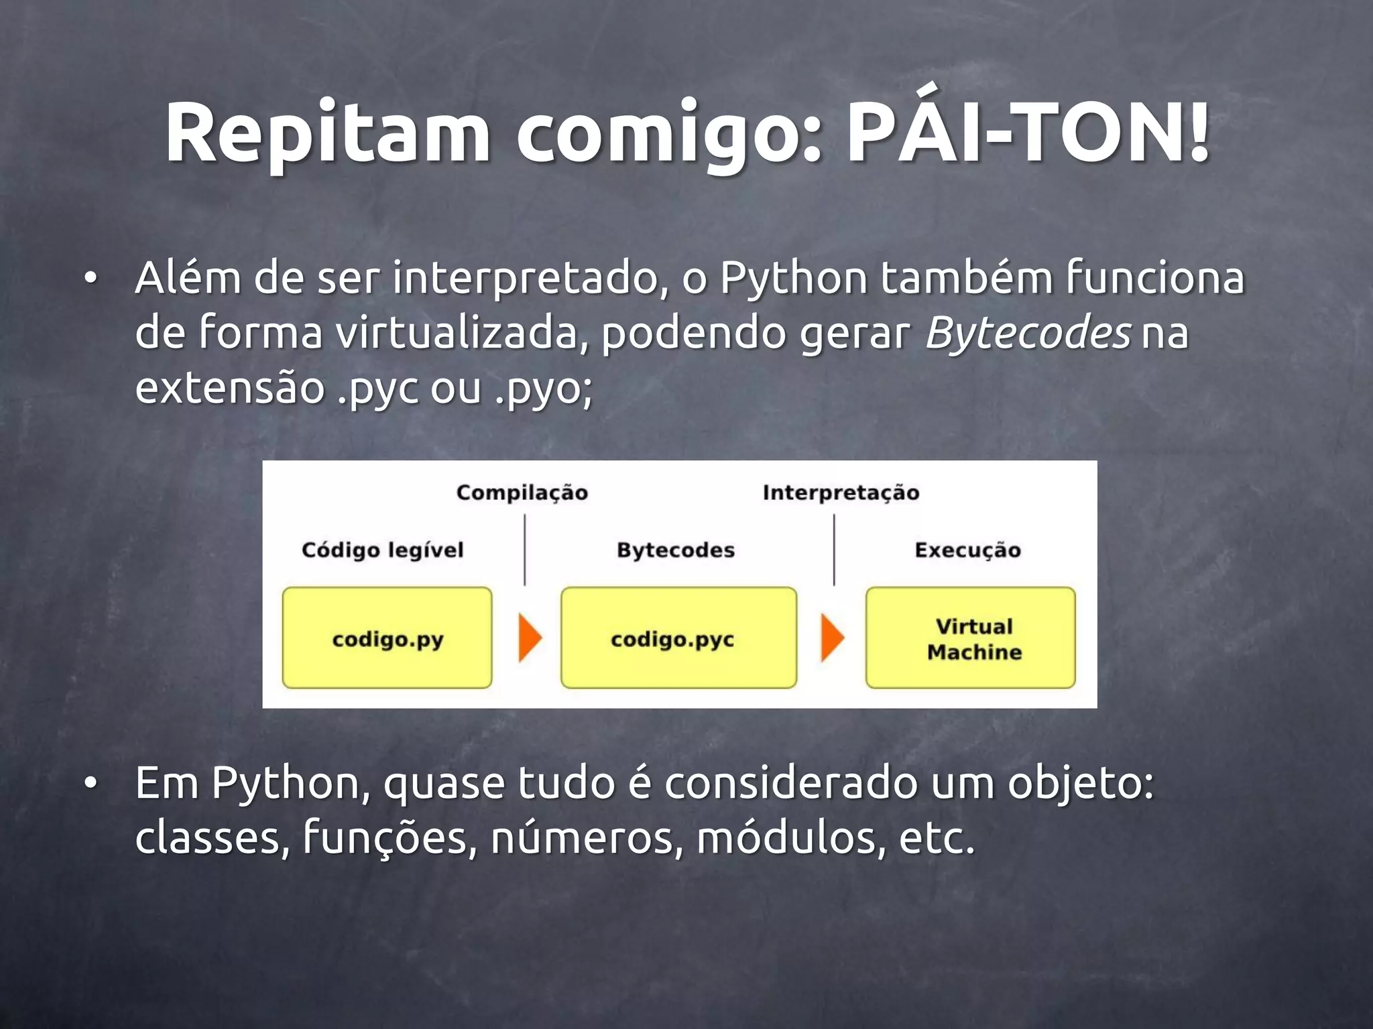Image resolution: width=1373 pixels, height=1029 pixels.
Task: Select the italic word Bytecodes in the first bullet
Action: tap(1028, 332)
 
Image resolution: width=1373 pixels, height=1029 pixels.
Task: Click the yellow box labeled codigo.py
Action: tap(387, 638)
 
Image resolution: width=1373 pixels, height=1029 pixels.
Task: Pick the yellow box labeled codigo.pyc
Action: tap(678, 638)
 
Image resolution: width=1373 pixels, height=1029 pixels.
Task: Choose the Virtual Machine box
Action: tap(970, 638)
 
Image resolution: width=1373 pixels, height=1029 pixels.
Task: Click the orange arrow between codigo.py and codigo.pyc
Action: tap(530, 638)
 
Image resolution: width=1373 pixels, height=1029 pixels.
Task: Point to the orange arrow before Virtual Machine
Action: tap(832, 638)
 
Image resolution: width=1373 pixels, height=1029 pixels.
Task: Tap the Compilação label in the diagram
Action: tap(522, 493)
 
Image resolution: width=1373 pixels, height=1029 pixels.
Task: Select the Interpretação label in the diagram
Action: tap(841, 493)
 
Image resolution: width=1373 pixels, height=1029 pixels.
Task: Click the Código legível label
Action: tap(382, 550)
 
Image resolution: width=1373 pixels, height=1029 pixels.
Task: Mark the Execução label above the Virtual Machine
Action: tap(967, 550)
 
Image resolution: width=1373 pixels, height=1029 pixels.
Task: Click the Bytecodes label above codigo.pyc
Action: tap(676, 550)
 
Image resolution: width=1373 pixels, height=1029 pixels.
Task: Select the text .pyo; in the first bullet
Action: tap(544, 389)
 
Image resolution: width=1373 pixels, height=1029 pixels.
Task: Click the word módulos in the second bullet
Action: tap(786, 838)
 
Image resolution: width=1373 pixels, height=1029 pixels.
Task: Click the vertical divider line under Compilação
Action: tap(524, 550)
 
